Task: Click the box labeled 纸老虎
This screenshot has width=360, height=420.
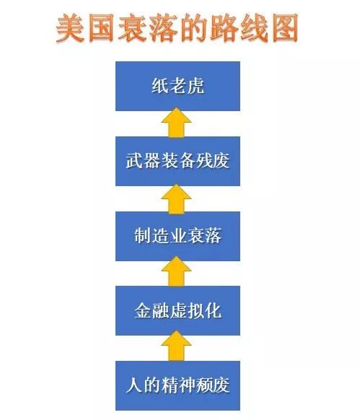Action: [177, 87]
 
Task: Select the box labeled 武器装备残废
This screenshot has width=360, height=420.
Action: [177, 161]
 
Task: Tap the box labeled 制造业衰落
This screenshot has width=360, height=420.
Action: [177, 236]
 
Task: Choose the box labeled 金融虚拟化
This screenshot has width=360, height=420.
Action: [177, 311]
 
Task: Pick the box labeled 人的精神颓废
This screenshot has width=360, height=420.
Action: [177, 385]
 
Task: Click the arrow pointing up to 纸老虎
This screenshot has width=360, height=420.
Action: [177, 123]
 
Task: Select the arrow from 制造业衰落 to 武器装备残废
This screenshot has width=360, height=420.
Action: [177, 198]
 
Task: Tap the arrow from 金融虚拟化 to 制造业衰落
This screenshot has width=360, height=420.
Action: [177, 271]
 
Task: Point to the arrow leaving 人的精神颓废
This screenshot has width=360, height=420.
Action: [177, 346]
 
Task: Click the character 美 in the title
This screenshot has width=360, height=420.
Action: [70, 28]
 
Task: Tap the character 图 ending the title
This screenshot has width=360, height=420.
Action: [285, 28]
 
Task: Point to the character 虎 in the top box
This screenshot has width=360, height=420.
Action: [196, 87]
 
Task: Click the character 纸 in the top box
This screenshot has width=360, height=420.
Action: [160, 87]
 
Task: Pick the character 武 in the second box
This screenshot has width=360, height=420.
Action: [134, 161]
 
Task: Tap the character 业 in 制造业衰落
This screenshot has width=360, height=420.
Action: [178, 236]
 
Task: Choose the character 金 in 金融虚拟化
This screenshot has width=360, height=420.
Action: [143, 311]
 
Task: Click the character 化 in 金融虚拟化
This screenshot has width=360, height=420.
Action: [213, 311]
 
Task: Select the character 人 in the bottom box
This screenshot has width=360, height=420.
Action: [134, 385]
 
